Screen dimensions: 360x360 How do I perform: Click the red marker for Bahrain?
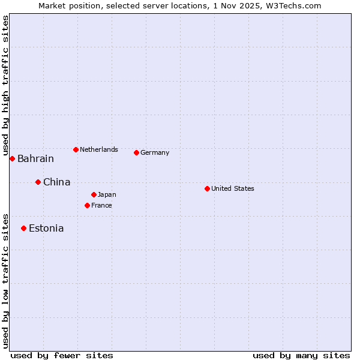tap(12, 158)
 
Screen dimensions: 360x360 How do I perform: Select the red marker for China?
tap(38, 182)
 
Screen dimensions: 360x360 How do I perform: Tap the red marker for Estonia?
tap(23, 228)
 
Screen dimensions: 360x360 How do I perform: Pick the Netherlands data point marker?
tap(76, 149)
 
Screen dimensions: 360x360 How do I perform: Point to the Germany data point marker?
tap(136, 152)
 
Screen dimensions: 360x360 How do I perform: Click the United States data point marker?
tap(207, 188)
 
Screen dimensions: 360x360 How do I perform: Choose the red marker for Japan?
tap(94, 194)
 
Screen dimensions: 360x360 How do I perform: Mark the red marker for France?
tap(87, 205)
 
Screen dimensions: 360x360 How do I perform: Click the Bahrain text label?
tap(35, 159)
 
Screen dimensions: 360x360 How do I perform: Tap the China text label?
tap(56, 182)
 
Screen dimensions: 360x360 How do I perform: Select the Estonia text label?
tap(46, 229)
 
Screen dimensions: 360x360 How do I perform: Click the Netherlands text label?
tap(99, 149)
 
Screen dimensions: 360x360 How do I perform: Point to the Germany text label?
tap(155, 152)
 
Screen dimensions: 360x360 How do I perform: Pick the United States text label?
tap(233, 188)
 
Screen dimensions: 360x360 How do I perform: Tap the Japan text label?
tap(107, 194)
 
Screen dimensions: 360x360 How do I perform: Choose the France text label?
tap(101, 205)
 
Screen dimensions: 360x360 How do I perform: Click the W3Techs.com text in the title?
tap(293, 5)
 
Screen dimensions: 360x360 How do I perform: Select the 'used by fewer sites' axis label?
tap(62, 355)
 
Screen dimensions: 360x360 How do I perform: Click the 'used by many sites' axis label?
tap(301, 355)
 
